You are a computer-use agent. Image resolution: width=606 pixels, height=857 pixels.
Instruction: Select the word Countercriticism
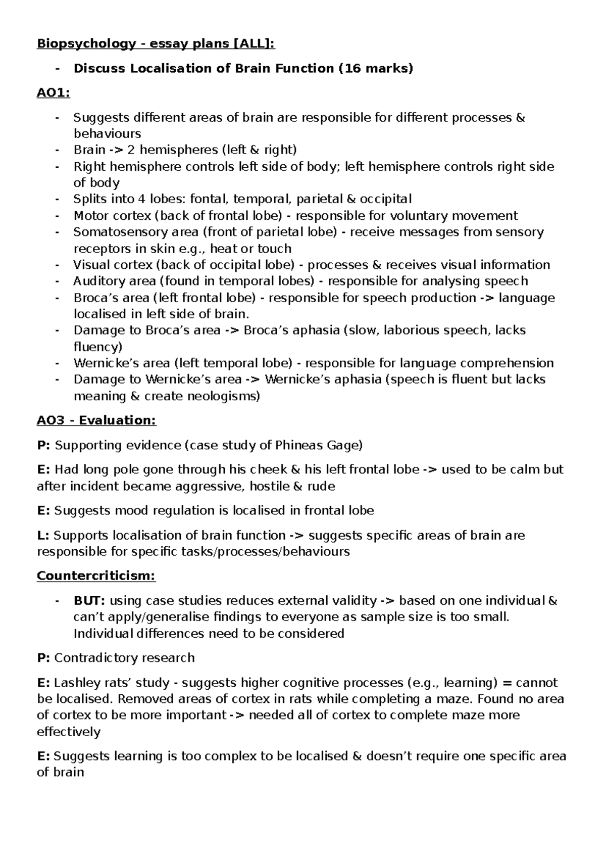(x=95, y=576)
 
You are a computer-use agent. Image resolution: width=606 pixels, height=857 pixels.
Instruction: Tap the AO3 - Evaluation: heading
(x=96, y=420)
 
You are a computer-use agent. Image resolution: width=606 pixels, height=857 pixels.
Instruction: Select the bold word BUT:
(x=89, y=601)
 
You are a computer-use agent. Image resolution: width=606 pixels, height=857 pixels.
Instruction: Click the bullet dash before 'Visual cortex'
(x=58, y=265)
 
